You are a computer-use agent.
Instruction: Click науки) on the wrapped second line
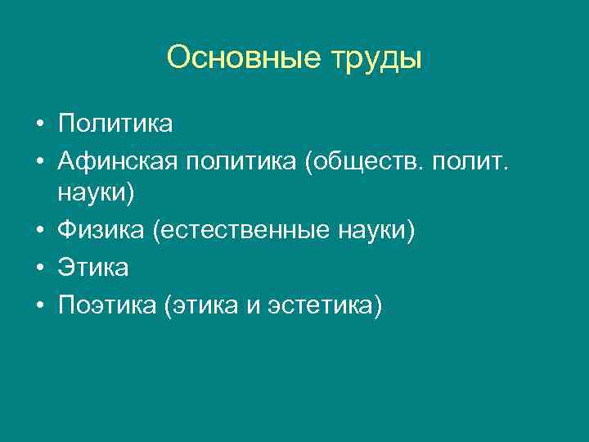94,196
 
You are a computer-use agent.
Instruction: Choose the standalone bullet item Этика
92,268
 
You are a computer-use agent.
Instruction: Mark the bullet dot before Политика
38,124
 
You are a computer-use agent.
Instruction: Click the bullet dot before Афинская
38,160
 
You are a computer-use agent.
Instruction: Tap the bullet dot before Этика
38,268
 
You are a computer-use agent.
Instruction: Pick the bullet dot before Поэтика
38,305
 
